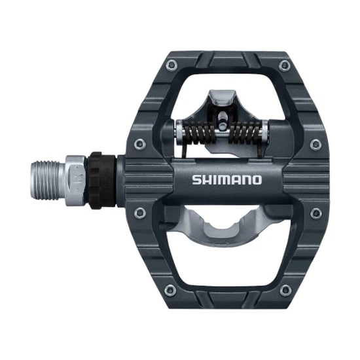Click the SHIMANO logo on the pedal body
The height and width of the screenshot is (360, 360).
[x=227, y=179]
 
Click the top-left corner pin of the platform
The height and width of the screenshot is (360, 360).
[x=172, y=63]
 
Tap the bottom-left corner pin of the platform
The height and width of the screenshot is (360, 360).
[x=172, y=289]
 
